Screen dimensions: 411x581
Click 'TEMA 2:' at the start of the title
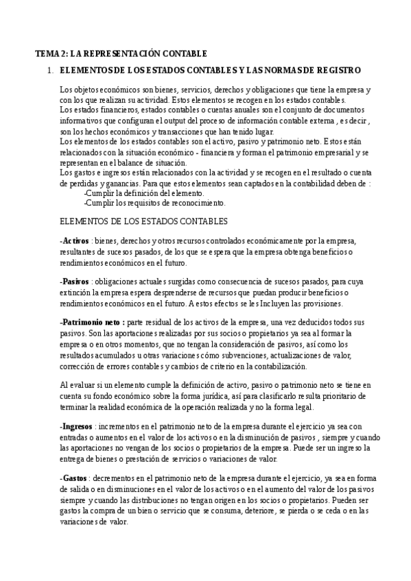pos(51,53)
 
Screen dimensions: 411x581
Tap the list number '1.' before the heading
pos(49,71)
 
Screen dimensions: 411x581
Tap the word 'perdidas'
pos(80,184)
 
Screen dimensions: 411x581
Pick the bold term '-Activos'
pos(75,241)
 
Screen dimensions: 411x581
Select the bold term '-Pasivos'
pos(75,282)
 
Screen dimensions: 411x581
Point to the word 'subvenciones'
pos(229,355)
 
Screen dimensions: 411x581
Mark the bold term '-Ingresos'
pos(78,426)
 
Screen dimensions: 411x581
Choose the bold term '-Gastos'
pos(75,478)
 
